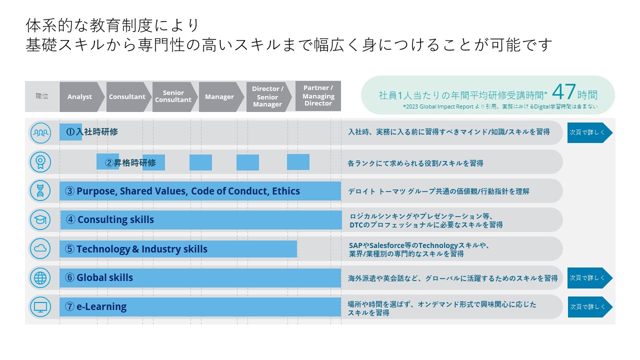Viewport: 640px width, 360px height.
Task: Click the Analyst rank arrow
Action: (x=81, y=97)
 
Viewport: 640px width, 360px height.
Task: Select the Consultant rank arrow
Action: (x=128, y=97)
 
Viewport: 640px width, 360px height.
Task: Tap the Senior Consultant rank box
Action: (x=174, y=97)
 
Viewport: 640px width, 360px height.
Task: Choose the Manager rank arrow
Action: (x=221, y=97)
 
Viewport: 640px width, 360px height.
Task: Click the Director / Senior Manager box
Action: (x=268, y=97)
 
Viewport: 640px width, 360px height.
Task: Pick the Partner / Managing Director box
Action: (x=318, y=95)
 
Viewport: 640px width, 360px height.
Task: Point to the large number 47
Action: (x=563, y=91)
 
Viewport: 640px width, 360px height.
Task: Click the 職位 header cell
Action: (x=42, y=96)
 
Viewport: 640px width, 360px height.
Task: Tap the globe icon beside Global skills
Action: (x=40, y=277)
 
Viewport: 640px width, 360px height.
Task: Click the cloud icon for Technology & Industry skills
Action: (x=40, y=248)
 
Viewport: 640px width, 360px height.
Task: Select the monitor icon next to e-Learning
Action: (x=40, y=307)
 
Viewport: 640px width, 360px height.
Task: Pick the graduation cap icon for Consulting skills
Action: (x=40, y=219)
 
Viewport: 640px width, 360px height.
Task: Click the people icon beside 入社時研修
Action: (x=40, y=133)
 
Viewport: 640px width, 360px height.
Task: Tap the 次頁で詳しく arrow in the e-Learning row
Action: (x=590, y=307)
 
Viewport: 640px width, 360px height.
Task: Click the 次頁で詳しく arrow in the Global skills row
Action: (x=590, y=278)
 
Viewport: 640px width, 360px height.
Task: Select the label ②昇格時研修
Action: (x=130, y=163)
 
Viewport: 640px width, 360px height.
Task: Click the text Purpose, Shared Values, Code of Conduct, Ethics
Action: (x=188, y=191)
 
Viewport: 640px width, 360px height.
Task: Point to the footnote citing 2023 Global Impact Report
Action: (x=500, y=106)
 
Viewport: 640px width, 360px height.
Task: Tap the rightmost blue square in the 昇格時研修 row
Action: (x=298, y=162)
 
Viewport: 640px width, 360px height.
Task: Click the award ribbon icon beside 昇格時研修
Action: (x=40, y=162)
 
